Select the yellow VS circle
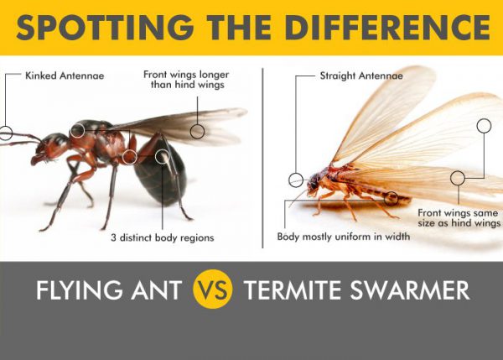(213, 291)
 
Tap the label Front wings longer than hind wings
(185, 79)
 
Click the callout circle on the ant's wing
(197, 131)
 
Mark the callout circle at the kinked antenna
(6, 133)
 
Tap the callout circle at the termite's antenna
(296, 179)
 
